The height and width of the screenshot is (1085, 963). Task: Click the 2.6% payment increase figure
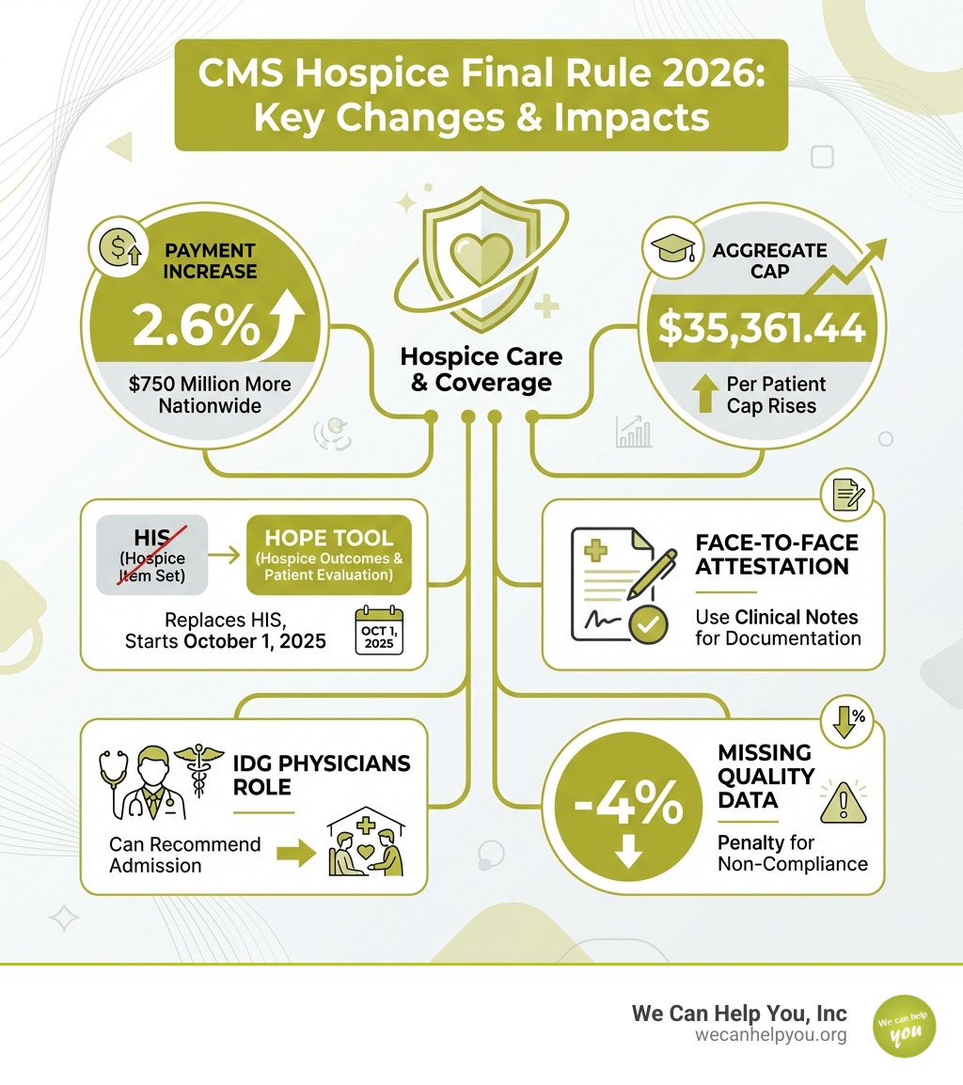click(196, 324)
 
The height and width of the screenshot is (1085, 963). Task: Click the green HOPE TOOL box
click(328, 555)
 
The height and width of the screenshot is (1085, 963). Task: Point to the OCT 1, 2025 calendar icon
click(379, 630)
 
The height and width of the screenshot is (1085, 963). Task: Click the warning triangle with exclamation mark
click(843, 803)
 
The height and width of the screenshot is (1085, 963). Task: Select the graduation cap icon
click(671, 247)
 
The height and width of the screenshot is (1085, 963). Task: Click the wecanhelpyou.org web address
click(771, 1035)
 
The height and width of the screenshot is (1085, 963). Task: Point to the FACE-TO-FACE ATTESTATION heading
click(777, 555)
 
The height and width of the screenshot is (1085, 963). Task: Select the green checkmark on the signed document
click(647, 624)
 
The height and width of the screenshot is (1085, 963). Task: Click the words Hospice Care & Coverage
click(481, 370)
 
